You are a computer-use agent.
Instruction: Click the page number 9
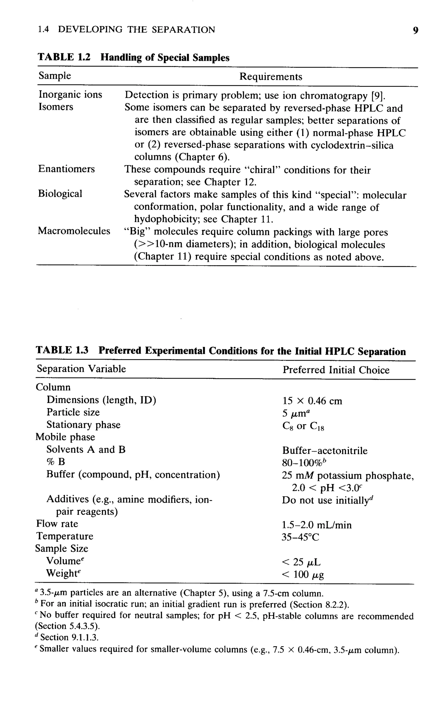pyautogui.click(x=415, y=30)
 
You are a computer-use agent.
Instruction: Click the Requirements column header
pyautogui.click(x=271, y=77)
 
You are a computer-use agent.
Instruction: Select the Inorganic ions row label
pyautogui.click(x=70, y=94)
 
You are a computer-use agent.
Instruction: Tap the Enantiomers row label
pyautogui.click(x=67, y=169)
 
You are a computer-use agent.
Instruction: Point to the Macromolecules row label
pyautogui.click(x=74, y=231)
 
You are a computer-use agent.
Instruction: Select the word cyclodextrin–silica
pyautogui.click(x=352, y=145)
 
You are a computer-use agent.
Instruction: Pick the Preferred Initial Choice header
pyautogui.click(x=336, y=370)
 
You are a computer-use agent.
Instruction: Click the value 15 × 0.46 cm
pyautogui.click(x=312, y=401)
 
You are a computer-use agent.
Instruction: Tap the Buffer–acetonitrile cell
pyautogui.click(x=325, y=451)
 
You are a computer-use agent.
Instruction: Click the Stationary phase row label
pyautogui.click(x=83, y=424)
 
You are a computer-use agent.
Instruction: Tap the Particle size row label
pyautogui.click(x=73, y=412)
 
